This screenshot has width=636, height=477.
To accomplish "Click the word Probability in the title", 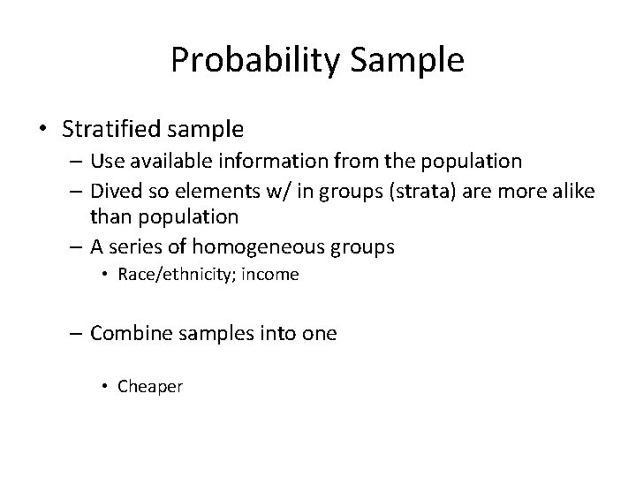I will (x=258, y=60).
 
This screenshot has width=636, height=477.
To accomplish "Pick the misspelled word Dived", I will (x=112, y=190).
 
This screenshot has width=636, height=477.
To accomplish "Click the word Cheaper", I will (x=148, y=386).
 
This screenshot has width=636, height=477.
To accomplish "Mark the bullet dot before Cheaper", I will (x=105, y=386).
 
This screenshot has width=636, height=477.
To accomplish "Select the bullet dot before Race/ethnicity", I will (x=105, y=275).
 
